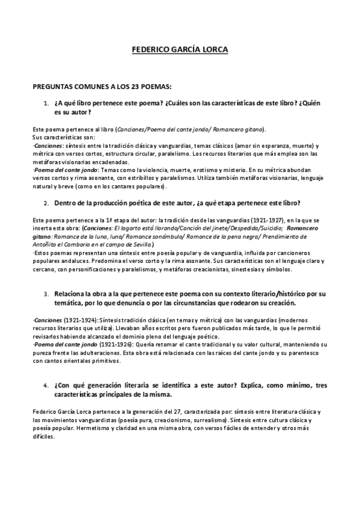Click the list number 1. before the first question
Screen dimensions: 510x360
pos(46,103)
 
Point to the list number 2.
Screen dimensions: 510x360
pos(46,203)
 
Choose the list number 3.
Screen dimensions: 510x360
pos(46,294)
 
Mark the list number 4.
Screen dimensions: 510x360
pos(46,385)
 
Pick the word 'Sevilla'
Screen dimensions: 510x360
pos(141,245)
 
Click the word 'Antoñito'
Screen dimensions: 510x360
pos(46,245)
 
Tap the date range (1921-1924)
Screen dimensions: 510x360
pos(79,319)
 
